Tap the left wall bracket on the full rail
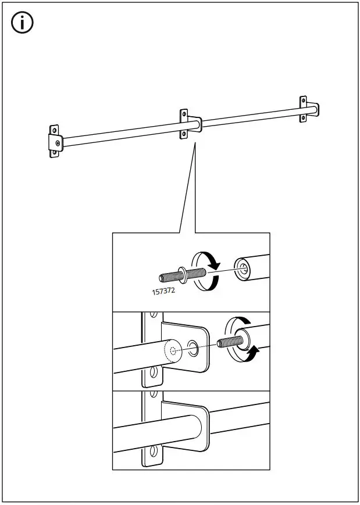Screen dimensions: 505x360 54,141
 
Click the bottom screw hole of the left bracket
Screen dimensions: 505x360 54,153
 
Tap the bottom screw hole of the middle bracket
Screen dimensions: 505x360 184,134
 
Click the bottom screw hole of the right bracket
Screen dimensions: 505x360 303,119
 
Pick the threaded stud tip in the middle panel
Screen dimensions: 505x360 224,342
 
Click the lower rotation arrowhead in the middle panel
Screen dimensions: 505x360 254,351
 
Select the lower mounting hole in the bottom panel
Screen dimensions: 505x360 154,451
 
